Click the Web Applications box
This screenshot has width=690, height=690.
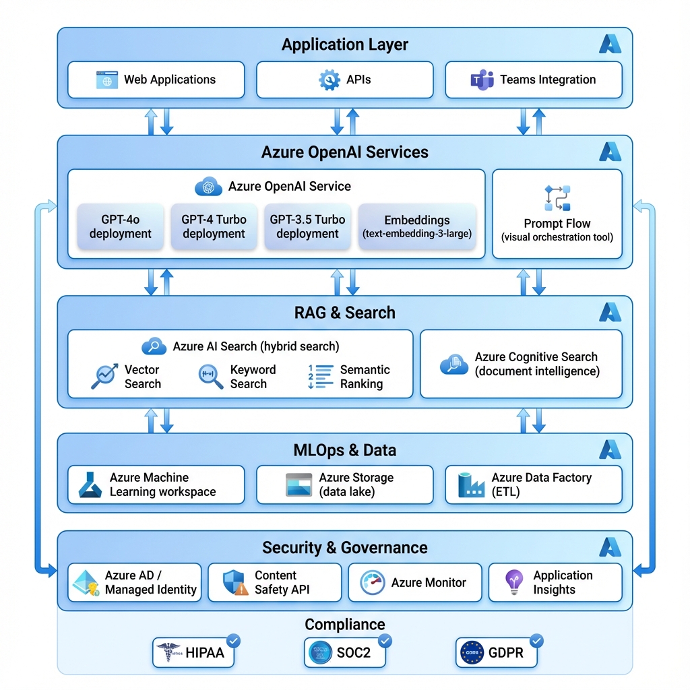(156, 80)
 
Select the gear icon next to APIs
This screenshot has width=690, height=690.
(330, 80)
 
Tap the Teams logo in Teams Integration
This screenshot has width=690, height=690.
(482, 80)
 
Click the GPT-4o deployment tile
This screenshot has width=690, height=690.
(121, 227)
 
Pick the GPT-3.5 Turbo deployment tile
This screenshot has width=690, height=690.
(307, 227)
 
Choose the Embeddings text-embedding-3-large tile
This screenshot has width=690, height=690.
(417, 227)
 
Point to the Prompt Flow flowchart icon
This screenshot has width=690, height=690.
(557, 198)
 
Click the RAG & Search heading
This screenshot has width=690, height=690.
(344, 313)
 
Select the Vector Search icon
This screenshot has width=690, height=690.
(104, 377)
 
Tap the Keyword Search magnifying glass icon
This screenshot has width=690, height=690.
(210, 377)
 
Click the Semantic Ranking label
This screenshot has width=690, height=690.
(365, 377)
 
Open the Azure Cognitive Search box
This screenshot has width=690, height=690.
(521, 364)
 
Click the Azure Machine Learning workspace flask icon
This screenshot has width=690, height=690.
(90, 484)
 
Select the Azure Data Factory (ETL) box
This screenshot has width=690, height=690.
(533, 484)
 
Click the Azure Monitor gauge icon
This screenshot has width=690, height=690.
(373, 583)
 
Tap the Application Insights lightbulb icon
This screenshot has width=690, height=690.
(515, 582)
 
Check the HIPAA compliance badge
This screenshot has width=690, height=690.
(193, 653)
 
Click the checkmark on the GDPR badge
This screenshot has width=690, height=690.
(536, 640)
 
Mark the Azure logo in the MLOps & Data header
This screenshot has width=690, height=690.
(610, 449)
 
